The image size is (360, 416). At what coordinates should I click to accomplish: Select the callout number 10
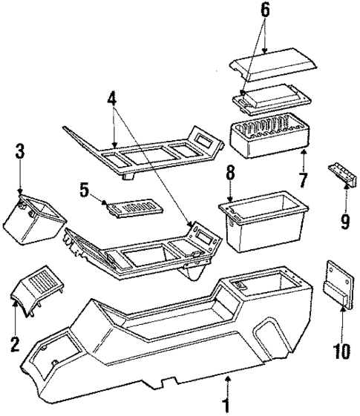341,348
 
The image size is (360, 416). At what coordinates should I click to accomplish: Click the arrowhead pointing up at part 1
228,381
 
